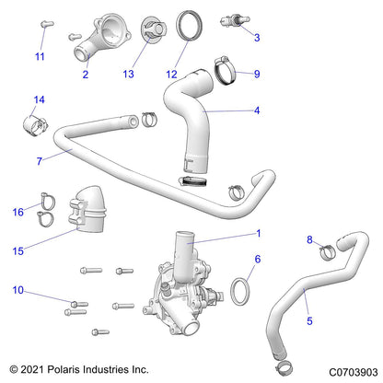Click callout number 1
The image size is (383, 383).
259,234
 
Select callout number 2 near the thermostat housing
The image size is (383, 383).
85,74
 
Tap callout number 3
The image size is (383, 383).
257,38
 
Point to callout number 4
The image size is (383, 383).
257,110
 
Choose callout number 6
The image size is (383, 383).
258,260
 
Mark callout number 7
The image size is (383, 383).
40,161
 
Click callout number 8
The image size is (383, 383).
309,240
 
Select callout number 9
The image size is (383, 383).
257,74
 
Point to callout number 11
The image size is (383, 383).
40,57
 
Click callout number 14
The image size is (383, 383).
39,99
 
